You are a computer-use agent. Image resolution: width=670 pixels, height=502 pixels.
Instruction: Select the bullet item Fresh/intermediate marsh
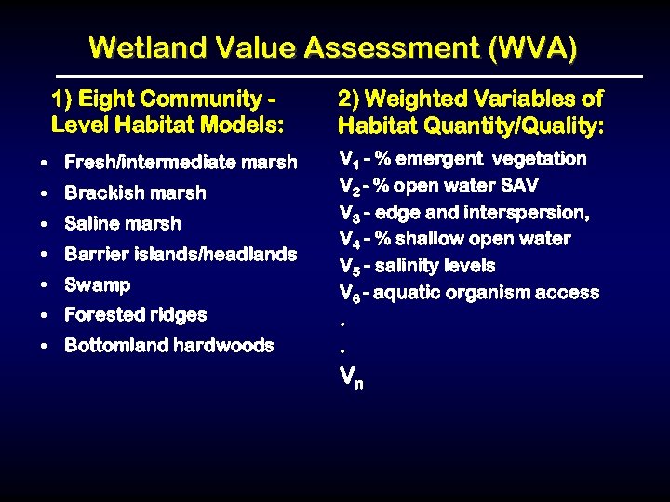click(181, 163)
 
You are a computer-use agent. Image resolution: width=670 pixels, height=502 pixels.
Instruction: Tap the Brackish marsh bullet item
click(135, 193)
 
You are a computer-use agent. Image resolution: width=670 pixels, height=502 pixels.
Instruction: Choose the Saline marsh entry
click(123, 224)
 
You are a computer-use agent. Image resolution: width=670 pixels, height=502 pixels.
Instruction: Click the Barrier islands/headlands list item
click(181, 254)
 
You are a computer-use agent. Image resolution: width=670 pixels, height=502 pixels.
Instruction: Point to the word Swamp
click(97, 284)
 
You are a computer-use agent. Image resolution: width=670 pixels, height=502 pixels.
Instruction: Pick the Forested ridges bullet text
click(135, 315)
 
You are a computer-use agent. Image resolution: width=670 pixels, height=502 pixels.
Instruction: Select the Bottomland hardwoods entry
click(168, 346)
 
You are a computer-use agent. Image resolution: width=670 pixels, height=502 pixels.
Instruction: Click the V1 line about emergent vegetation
click(462, 159)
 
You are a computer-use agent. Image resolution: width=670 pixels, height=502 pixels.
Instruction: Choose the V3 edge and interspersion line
click(464, 213)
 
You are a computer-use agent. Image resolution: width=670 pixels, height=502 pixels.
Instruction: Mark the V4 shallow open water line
click(455, 239)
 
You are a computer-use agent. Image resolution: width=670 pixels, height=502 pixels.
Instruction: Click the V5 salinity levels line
click(417, 266)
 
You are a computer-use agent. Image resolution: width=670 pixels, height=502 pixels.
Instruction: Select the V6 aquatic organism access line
click(469, 293)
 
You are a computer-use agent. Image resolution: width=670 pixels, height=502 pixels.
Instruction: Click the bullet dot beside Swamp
click(46, 285)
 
